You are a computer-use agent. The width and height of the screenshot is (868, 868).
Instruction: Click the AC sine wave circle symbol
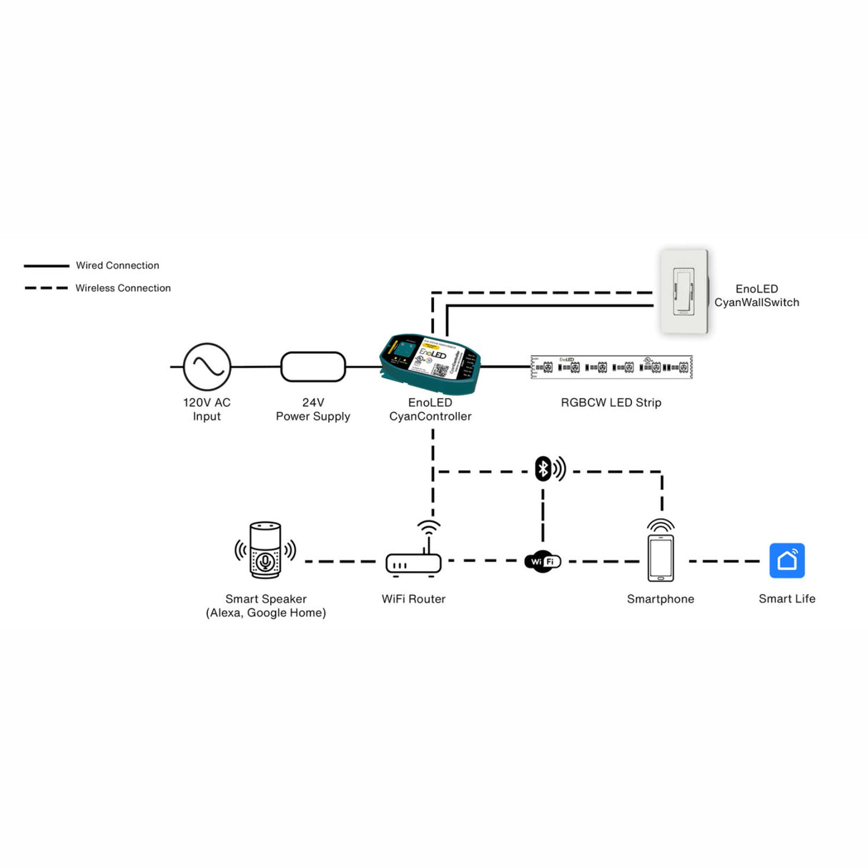207,367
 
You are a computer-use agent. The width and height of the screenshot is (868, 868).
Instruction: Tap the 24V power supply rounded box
313,367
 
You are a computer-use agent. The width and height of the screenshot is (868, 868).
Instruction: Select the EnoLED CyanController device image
430,364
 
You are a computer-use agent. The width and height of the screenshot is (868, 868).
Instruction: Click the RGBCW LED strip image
611,367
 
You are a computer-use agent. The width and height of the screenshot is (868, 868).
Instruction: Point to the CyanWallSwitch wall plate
684,292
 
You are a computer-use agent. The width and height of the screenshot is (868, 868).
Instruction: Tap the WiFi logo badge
543,561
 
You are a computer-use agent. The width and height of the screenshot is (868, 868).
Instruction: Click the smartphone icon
661,558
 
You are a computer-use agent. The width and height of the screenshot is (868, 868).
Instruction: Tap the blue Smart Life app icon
786,561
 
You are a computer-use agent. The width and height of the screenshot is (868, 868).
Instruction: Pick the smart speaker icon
265,550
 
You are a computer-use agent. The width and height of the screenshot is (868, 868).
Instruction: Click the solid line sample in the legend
46,266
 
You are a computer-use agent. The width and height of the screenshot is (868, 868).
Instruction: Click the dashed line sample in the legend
46,288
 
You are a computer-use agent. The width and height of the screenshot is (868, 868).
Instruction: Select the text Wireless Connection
123,288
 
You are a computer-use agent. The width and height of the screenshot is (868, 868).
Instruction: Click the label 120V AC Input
207,409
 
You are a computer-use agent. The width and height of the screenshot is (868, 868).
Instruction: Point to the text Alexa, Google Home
266,613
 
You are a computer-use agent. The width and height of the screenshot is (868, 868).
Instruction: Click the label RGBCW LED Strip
611,403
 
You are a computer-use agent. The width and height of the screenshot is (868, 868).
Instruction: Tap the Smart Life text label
786,599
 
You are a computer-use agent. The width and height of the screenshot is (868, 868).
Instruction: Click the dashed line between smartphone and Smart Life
724,561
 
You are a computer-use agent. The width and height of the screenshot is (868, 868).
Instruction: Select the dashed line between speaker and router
340,562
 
